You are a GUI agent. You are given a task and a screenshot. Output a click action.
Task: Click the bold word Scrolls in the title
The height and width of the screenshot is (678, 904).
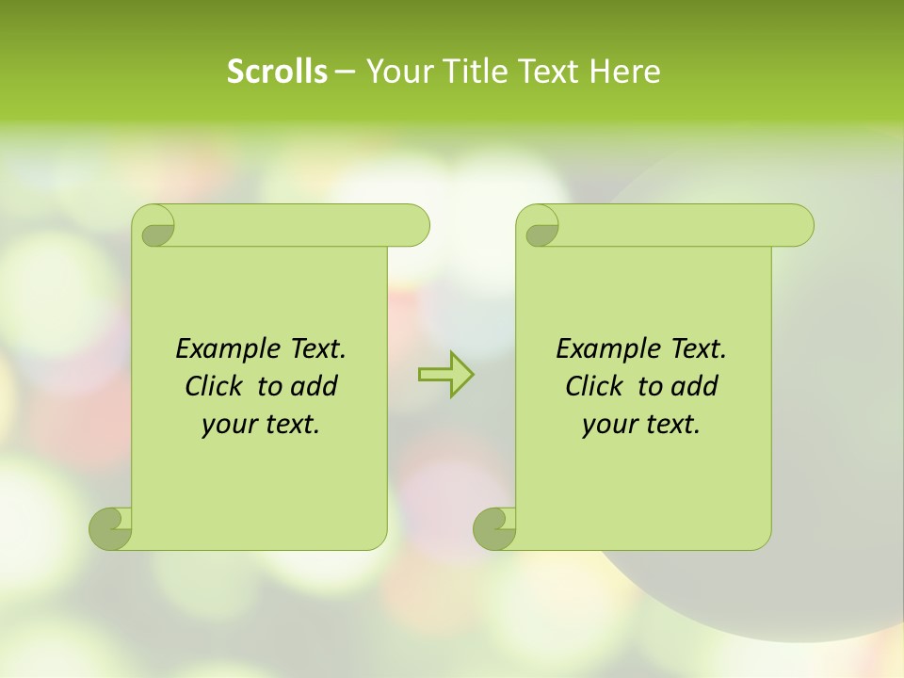point(277,72)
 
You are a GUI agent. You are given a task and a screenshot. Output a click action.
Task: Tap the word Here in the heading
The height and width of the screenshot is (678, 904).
point(625,72)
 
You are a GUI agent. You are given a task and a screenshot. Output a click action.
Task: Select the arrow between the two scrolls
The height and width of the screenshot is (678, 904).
point(445,375)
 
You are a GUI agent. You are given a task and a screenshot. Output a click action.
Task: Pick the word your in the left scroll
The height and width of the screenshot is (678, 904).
point(226,425)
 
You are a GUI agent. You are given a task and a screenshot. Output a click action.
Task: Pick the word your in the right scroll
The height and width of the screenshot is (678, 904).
point(606,425)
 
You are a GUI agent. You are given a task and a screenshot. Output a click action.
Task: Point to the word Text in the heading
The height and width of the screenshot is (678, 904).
point(549,72)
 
